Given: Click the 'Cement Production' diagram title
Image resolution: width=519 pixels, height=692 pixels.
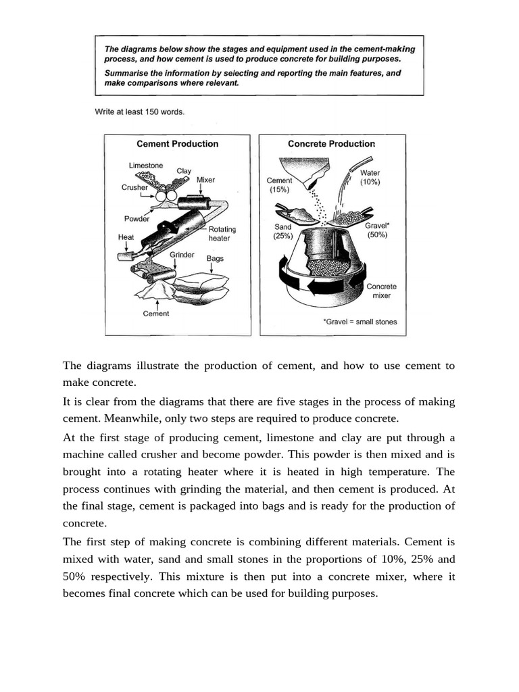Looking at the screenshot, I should (x=177, y=144).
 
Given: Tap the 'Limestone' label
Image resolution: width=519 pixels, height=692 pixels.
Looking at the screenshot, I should (x=145, y=165).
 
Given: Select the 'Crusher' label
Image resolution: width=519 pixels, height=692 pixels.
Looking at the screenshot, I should (x=134, y=187).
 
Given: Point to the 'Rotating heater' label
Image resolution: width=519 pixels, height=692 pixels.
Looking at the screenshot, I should (x=222, y=234).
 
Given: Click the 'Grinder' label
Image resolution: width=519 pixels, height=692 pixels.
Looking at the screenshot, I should (x=182, y=255).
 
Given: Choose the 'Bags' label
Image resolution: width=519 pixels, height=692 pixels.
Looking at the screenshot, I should (x=215, y=258).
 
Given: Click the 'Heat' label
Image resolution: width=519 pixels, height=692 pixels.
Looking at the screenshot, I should (x=126, y=237).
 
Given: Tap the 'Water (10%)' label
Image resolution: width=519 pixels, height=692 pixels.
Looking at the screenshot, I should (x=370, y=178).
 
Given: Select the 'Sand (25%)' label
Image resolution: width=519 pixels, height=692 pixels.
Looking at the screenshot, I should (x=282, y=232).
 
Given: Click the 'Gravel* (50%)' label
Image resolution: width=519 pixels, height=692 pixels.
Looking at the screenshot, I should (x=376, y=230).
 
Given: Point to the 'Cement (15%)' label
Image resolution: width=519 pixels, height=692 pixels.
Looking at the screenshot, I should (x=280, y=185).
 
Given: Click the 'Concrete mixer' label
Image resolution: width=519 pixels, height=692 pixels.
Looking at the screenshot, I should (x=381, y=291).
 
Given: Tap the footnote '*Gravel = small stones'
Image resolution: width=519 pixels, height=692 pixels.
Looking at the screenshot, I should (x=360, y=322).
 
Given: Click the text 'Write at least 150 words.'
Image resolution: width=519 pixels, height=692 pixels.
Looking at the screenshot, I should (x=140, y=112).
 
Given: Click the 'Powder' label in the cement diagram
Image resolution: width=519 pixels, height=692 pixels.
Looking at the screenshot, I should (x=137, y=219).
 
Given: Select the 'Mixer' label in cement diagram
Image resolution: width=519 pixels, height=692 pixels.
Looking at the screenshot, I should (x=205, y=180).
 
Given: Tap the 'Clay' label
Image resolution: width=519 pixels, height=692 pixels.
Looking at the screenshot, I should (x=184, y=171).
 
